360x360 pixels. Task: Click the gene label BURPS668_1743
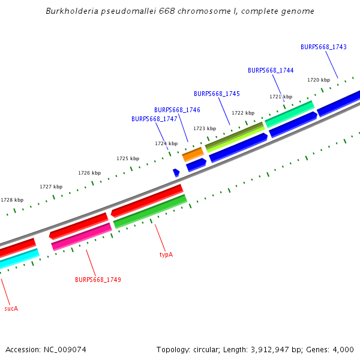(x=323, y=47)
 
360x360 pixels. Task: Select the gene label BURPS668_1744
(x=271, y=70)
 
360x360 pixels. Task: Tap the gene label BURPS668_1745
(x=217, y=94)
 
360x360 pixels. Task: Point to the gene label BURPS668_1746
(x=177, y=110)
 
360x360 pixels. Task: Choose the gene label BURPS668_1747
(x=154, y=119)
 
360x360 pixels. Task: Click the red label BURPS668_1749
(x=98, y=280)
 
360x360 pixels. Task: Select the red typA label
(x=166, y=254)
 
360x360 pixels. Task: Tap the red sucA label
(x=11, y=308)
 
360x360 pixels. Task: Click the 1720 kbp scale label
(x=319, y=80)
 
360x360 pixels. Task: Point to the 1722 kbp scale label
(x=243, y=113)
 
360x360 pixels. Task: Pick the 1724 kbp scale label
(x=166, y=143)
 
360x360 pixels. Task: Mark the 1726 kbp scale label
(x=89, y=173)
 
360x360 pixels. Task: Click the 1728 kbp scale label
(x=12, y=200)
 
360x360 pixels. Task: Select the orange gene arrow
(x=193, y=154)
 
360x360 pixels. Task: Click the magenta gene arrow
(x=82, y=236)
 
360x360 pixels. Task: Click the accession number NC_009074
(x=64, y=349)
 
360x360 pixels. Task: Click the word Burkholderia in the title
(x=71, y=11)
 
